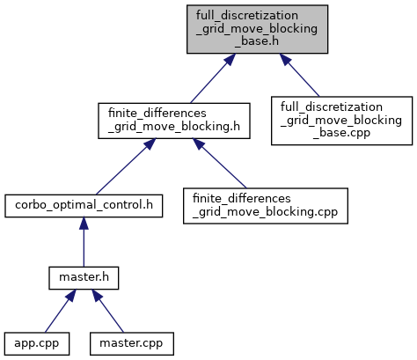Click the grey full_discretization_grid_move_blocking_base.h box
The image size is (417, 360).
tap(257, 29)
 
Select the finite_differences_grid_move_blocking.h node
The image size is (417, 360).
tap(174, 121)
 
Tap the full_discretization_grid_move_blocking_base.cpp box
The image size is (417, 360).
tap(341, 121)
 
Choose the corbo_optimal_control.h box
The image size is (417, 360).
tap(84, 206)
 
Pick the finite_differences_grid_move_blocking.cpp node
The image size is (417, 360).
tap(266, 206)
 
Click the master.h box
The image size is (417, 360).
tap(84, 278)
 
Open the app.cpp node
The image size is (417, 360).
tap(37, 343)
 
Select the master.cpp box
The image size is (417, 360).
tap(132, 343)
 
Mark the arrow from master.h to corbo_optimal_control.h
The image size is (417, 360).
tap(84, 242)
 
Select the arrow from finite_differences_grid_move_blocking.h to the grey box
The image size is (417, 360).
tap(213, 78)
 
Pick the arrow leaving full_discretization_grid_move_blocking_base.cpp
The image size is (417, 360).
tap(299, 75)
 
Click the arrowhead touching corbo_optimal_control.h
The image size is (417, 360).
tap(84, 224)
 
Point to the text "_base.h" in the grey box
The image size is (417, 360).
tap(257, 41)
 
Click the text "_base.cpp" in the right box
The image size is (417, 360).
tap(341, 133)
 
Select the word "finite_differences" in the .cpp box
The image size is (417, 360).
tap(242, 199)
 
